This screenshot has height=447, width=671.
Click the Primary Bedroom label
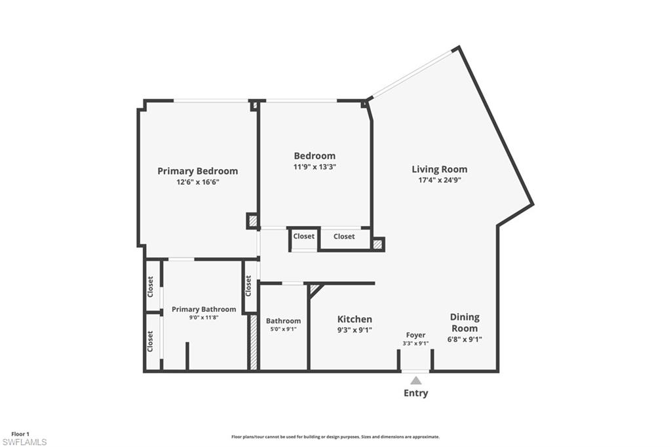[197, 171]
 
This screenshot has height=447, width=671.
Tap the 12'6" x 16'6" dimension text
[197, 183]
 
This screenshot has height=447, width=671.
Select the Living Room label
[439, 169]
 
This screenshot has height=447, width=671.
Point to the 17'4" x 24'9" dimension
[439, 180]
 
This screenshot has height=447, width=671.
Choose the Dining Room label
[464, 322]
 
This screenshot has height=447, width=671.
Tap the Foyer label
[415, 335]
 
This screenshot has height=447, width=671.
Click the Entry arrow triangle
[415, 380]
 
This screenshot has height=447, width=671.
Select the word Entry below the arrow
[415, 393]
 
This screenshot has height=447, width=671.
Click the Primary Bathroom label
[204, 309]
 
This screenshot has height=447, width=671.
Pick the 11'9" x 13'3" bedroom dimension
[315, 167]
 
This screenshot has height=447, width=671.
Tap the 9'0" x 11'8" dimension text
[204, 318]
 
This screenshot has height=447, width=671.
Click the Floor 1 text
[20, 434]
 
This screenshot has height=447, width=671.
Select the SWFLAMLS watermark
[24, 442]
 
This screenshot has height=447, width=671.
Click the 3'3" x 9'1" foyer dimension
[415, 343]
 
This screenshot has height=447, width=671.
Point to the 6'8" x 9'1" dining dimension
[464, 339]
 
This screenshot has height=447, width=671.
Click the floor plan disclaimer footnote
[335, 437]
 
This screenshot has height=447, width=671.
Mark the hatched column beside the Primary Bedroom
[253, 221]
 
